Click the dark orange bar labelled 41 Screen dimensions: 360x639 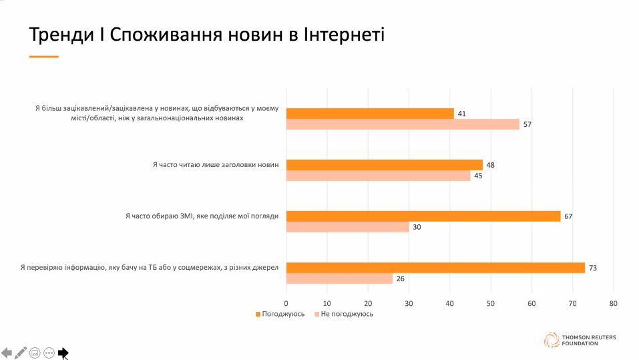[370, 114]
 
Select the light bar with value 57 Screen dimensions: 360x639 [403, 124]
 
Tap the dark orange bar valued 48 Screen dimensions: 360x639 [384, 165]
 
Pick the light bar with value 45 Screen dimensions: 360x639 [378, 176]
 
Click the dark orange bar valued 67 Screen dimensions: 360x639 [423, 216]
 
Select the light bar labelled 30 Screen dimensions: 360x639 [347, 227]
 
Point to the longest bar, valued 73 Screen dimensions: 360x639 [435, 268]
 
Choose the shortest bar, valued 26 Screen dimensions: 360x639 [339, 279]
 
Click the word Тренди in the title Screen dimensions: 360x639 [55, 34]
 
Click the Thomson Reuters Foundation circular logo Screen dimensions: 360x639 [552, 339]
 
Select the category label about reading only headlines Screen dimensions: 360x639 [215, 164]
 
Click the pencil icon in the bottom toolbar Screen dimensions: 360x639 [21, 352]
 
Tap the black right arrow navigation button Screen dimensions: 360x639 [63, 352]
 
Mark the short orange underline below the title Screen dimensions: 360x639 [44, 57]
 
